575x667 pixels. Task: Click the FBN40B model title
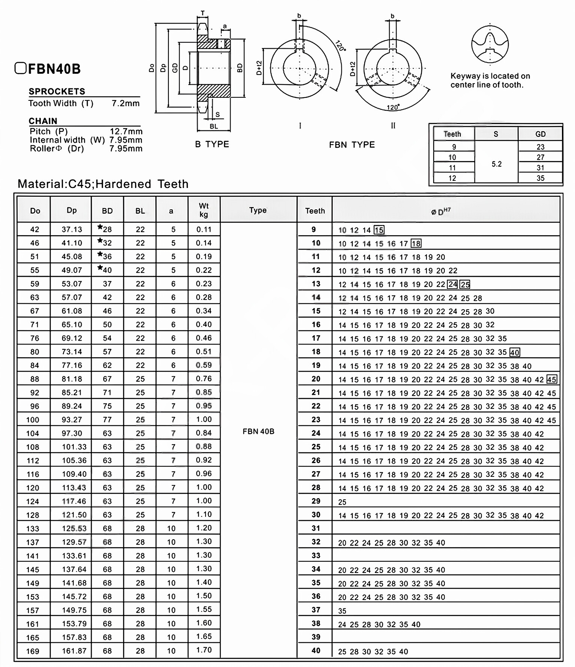coord(54,69)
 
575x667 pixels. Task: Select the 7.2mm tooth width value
coord(125,103)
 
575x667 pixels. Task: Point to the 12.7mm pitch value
coord(126,131)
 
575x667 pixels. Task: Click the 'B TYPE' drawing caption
coord(212,145)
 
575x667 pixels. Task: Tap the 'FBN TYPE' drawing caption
coord(352,145)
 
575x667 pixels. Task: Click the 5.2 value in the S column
coord(496,164)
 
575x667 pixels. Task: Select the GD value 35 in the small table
coord(540,178)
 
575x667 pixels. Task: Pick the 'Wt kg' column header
coord(204,210)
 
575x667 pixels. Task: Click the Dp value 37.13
coord(72,229)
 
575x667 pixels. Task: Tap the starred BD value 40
coord(107,270)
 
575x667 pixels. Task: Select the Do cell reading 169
coord(33,651)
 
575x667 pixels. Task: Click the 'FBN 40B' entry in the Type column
coord(258,431)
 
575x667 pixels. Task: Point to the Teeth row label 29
coord(316,501)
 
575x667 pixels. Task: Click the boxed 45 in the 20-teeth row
coord(551,379)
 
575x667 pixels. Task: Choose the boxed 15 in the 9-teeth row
coord(379,230)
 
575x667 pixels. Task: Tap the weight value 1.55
coord(204,610)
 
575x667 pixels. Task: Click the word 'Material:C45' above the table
coord(55,184)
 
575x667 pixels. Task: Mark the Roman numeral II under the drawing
coord(393,126)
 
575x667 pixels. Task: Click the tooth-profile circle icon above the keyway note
coord(490,44)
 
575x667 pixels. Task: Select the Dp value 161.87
coord(74,651)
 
